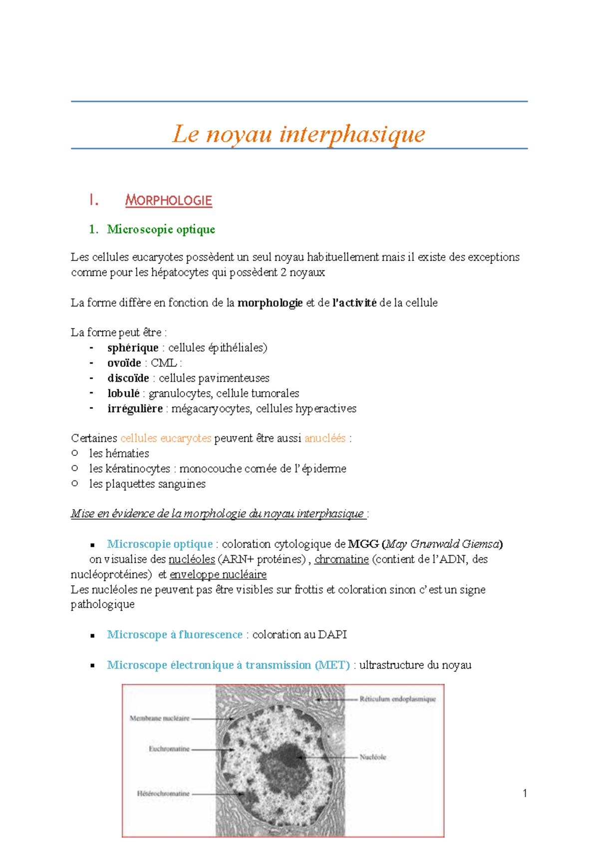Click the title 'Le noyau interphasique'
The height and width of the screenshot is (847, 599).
[299, 134]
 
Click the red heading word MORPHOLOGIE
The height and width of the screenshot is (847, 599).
[168, 201]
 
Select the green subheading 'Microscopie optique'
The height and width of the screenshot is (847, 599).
[161, 229]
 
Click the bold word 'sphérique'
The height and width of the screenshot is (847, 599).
[133, 348]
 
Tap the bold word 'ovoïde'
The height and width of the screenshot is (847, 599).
[124, 363]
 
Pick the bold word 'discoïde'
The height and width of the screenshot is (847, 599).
[128, 378]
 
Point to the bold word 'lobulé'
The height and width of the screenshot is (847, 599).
[123, 394]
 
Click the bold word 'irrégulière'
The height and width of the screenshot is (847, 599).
[135, 409]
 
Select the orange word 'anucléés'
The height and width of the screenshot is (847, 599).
[325, 438]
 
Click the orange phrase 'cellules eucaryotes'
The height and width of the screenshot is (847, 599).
[166, 438]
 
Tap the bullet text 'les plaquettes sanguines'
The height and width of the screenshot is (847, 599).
[147, 484]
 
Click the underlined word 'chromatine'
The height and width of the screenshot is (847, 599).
[341, 559]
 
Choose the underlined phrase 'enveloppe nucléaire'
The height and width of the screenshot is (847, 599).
[218, 575]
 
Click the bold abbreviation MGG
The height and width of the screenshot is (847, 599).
[363, 544]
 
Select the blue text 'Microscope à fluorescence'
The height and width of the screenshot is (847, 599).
[175, 635]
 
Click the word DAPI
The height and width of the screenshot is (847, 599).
[332, 635]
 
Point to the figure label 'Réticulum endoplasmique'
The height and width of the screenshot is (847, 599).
[397, 699]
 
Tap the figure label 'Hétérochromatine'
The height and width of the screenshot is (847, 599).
[163, 793]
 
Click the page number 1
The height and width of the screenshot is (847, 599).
[525, 793]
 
